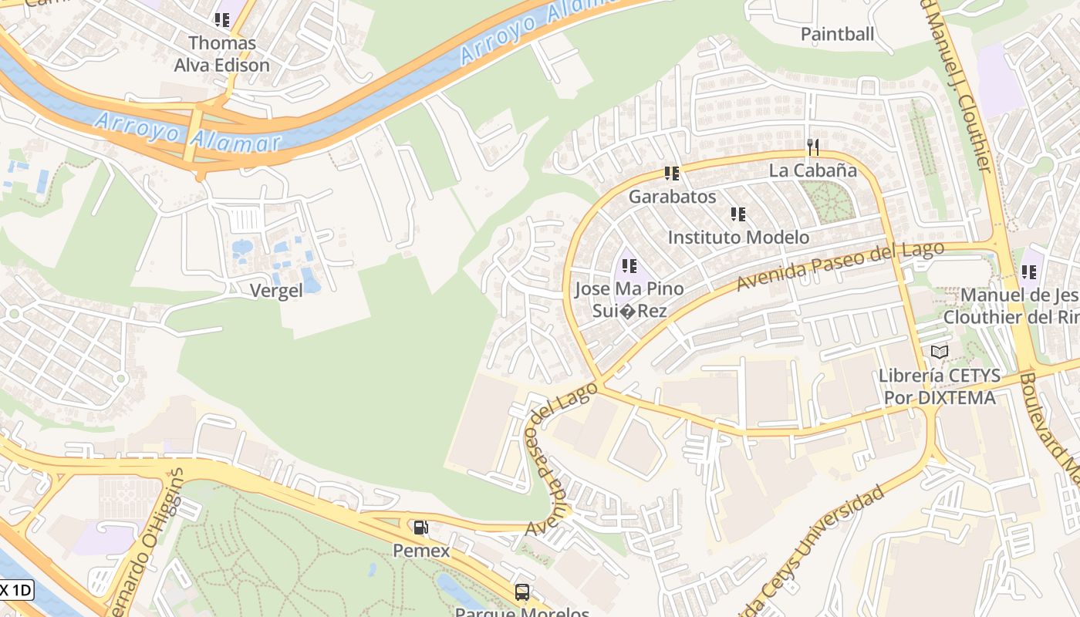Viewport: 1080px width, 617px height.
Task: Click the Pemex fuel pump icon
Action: (x=420, y=528)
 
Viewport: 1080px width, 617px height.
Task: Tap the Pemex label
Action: (x=421, y=551)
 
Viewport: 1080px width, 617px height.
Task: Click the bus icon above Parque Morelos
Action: (x=522, y=592)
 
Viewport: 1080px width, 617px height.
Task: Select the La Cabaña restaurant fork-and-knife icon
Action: (x=812, y=147)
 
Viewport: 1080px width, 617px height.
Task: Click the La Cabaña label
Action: (x=812, y=170)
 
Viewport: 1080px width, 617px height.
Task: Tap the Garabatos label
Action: (x=672, y=197)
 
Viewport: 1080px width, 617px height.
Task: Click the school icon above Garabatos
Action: (x=672, y=174)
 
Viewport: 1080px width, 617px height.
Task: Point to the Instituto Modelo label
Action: (x=738, y=238)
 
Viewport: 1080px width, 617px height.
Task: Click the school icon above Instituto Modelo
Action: (x=738, y=214)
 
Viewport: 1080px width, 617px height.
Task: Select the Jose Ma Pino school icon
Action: (x=629, y=266)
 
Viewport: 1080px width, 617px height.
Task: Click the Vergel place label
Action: (x=276, y=291)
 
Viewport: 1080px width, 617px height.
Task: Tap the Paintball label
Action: (x=837, y=34)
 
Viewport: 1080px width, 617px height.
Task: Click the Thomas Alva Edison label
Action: (x=221, y=54)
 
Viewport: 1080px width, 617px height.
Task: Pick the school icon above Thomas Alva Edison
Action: (x=222, y=20)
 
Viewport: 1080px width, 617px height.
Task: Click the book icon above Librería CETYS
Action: (x=939, y=352)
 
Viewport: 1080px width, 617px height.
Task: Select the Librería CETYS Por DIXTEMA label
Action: (x=939, y=387)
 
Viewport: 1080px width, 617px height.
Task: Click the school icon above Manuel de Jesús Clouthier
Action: (x=1028, y=272)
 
